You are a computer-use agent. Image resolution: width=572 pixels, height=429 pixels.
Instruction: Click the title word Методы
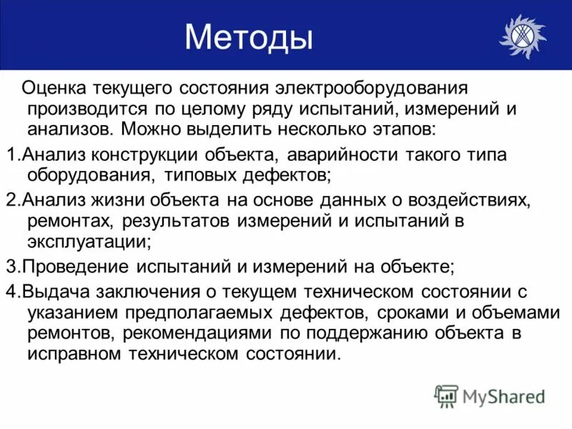248,36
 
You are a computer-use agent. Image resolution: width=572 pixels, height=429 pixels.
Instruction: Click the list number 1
9,157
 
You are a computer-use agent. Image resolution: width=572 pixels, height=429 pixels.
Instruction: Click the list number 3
9,267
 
